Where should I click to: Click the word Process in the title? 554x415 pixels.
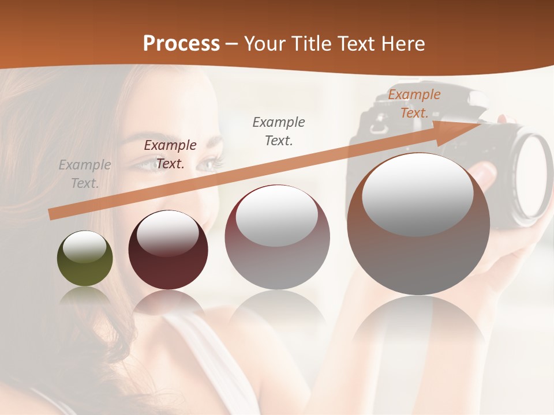point(181,43)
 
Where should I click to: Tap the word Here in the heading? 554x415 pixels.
point(403,43)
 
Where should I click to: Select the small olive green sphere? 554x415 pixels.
point(85,258)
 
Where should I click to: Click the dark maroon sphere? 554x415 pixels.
point(168,250)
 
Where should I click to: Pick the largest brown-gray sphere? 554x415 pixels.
point(418,225)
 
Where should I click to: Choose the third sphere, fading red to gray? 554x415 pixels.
point(277,237)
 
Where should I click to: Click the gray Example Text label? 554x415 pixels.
point(85,174)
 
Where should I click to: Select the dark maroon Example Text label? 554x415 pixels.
point(170,154)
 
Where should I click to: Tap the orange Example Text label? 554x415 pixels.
point(414,104)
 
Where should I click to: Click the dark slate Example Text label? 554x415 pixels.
point(279,131)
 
